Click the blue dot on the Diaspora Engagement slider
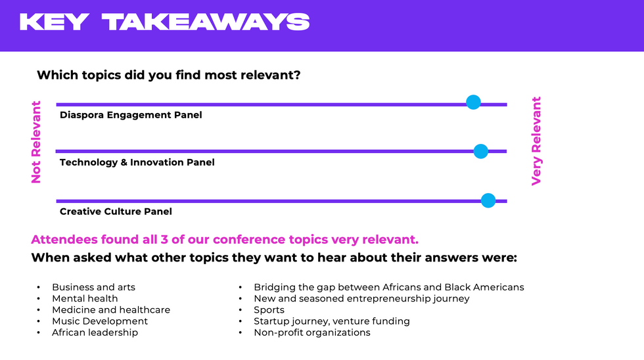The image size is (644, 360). (473, 102)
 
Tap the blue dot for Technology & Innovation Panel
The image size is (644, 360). (480, 151)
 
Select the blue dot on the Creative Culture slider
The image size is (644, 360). (488, 200)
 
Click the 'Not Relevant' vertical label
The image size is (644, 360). (36, 142)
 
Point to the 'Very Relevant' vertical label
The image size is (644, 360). (536, 141)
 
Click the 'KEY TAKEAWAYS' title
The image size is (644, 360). (165, 22)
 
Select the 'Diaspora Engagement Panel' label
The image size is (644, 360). (131, 115)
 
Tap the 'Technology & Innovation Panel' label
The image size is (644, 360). (137, 162)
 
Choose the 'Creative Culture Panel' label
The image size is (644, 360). (116, 212)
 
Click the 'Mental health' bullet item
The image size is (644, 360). (85, 298)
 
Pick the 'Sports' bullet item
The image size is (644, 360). (269, 310)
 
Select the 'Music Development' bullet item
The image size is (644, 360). (100, 321)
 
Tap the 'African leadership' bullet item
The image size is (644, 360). (95, 332)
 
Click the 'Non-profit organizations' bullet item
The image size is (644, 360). (312, 332)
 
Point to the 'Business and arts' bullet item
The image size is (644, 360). (93, 287)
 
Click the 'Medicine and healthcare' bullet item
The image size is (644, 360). (111, 310)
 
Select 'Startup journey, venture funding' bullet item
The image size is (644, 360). (332, 321)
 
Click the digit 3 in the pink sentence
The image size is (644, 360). (164, 239)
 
